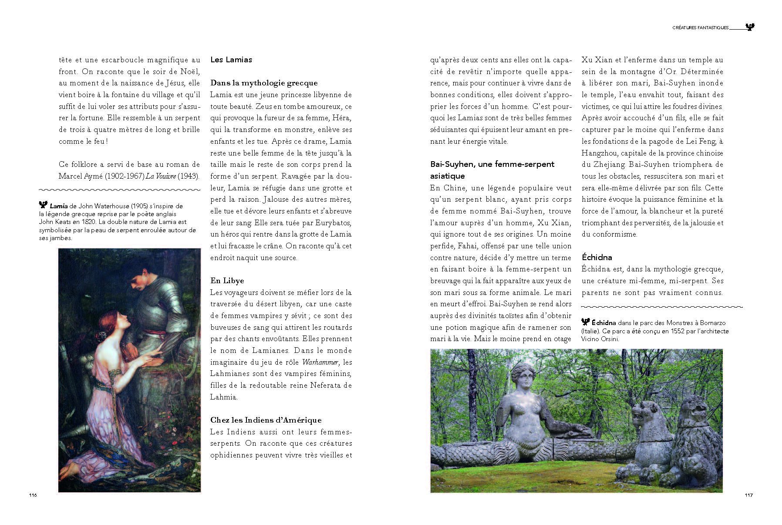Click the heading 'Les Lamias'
[x=231, y=60]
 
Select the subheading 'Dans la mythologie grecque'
[x=264, y=83]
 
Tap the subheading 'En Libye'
[x=227, y=281]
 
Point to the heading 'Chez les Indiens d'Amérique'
[x=266, y=420]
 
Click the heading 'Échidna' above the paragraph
[x=597, y=257]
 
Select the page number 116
[x=33, y=495]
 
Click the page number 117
[x=748, y=495]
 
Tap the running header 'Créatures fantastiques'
[x=700, y=27]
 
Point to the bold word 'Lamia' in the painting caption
[x=59, y=206]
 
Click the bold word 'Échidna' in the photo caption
[x=603, y=323]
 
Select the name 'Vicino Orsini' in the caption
[x=600, y=339]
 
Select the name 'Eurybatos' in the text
[x=334, y=223]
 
